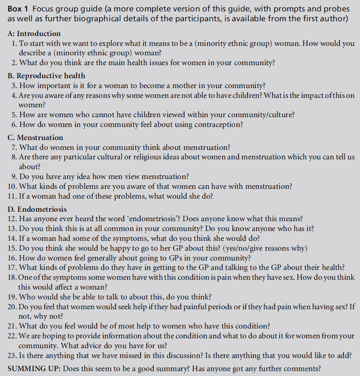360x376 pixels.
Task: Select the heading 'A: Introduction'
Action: pyautogui.click(x=34, y=34)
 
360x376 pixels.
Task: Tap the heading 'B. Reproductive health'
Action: pyautogui.click(x=46, y=75)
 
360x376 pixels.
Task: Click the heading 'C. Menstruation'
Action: pyautogui.click(x=35, y=138)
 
